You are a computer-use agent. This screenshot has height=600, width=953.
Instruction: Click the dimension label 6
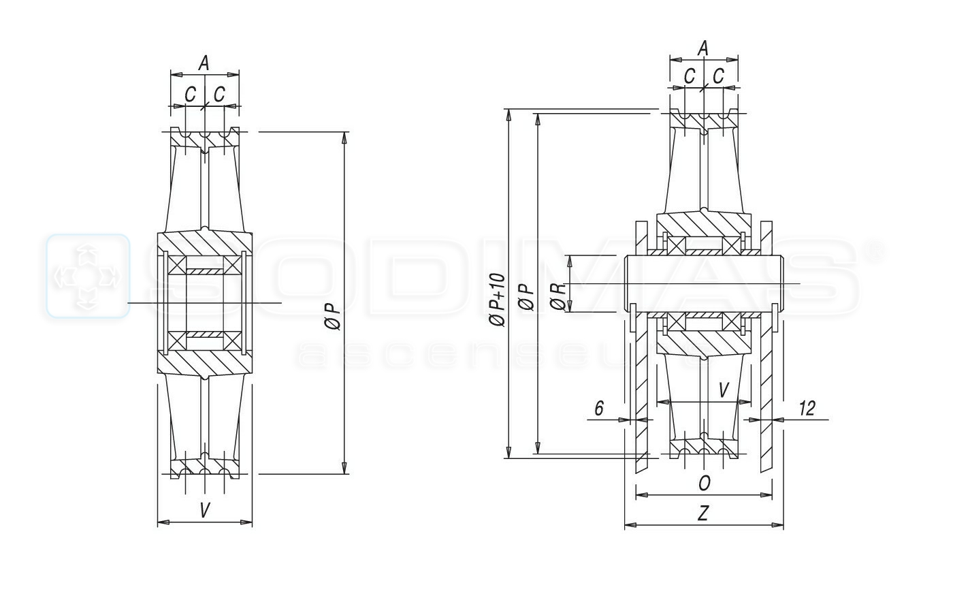(599, 408)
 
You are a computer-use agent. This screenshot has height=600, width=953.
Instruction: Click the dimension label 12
(807, 409)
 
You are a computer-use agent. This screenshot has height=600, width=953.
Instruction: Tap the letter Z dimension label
(703, 514)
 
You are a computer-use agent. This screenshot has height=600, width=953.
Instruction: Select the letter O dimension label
(705, 483)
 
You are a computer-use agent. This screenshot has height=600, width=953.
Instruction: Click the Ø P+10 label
(498, 300)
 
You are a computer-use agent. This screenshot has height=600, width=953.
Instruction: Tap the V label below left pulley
(205, 510)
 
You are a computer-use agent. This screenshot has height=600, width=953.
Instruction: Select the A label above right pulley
(704, 48)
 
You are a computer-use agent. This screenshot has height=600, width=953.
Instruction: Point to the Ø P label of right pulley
(528, 297)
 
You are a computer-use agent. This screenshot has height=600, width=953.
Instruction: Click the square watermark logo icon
(88, 276)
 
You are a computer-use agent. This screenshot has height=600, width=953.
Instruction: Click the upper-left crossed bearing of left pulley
(177, 266)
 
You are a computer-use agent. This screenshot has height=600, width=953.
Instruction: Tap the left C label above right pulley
(690, 76)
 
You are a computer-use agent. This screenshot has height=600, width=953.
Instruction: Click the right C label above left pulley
(219, 94)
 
